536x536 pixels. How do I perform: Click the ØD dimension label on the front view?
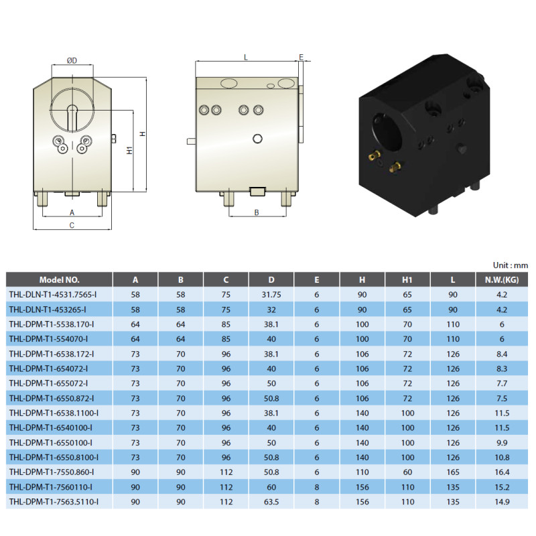72,60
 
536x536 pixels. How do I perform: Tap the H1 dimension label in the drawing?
129,150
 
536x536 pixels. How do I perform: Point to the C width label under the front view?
72,225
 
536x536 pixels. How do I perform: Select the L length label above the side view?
245,58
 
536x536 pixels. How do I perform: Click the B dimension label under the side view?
257,212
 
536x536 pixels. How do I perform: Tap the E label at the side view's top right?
301,57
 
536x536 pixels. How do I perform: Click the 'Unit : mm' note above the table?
511,265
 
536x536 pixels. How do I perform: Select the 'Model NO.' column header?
59,280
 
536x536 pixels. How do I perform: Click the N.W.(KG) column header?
502,280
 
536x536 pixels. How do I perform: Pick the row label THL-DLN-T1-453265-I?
48,310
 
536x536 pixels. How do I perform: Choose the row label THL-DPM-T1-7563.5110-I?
54,502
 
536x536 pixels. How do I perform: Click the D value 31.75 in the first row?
271,295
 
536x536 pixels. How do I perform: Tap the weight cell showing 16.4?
502,472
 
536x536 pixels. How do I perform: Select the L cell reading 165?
453,472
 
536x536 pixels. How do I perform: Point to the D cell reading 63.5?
271,502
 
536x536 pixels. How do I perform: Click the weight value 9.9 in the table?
502,443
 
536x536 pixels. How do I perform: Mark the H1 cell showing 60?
407,472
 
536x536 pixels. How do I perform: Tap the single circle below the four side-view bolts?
257,139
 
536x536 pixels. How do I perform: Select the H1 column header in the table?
407,280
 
